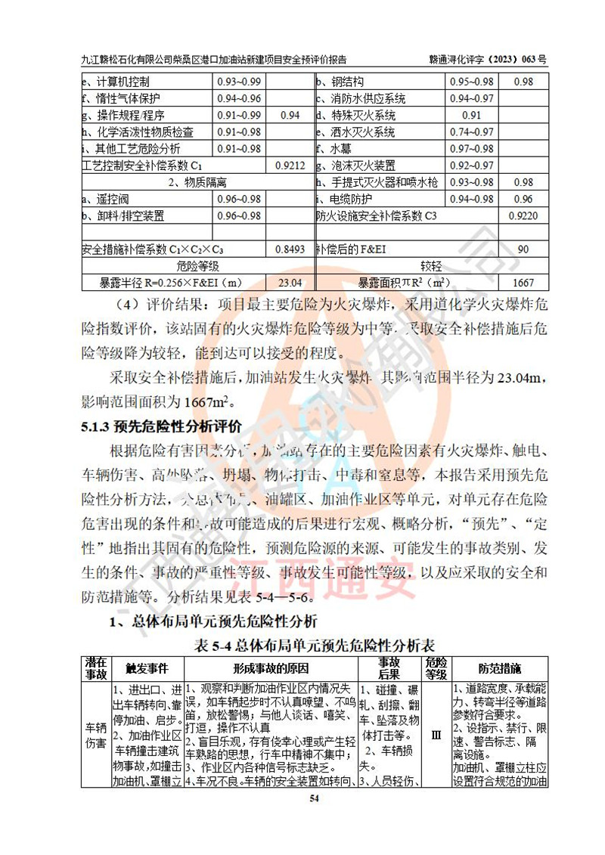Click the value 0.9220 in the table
tap(523, 215)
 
